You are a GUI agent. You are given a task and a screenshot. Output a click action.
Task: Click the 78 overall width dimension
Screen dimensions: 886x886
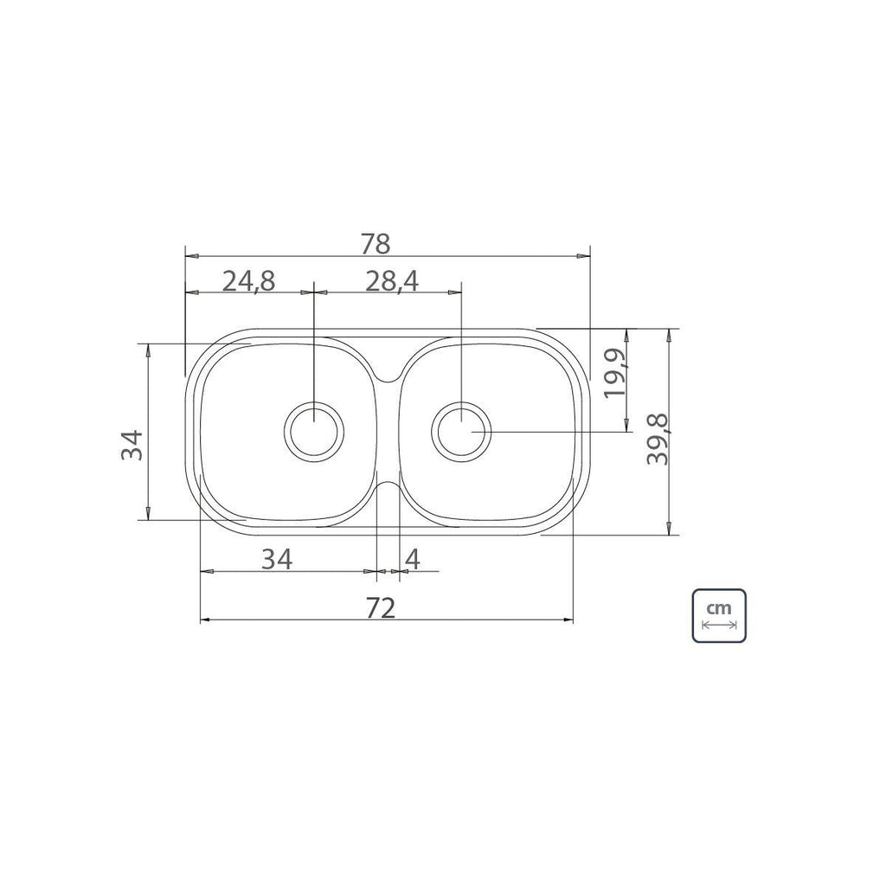376,244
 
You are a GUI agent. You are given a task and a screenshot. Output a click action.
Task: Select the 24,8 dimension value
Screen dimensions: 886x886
248,281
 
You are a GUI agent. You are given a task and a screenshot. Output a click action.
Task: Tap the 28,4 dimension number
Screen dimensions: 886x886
392,281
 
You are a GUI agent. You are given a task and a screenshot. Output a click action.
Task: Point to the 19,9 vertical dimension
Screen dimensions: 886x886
615,374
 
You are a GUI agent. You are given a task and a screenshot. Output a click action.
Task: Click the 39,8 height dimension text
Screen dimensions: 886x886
658,439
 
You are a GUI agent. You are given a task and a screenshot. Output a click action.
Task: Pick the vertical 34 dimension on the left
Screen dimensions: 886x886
132,446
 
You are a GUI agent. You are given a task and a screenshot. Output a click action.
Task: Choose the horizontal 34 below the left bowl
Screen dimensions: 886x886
276,560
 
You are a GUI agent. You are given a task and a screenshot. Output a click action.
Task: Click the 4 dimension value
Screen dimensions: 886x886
413,560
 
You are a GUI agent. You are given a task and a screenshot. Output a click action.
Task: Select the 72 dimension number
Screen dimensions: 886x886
381,608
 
